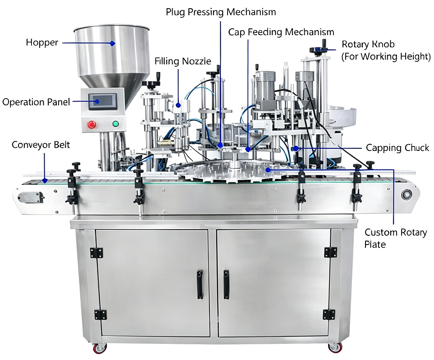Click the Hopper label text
42,43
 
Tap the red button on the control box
91,125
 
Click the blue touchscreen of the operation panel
102,101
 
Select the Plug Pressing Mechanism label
221,12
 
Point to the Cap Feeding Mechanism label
281,32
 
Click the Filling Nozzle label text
183,61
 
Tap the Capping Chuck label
397,148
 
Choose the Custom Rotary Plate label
396,238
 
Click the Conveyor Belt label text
41,145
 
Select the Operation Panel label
36,102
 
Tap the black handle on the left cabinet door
200,285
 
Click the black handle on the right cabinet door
226,285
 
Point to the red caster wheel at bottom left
100,348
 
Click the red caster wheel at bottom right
335,347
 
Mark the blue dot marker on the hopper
112,43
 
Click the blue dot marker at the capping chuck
296,149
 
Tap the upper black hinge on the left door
96,253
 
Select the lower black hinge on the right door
329,314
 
